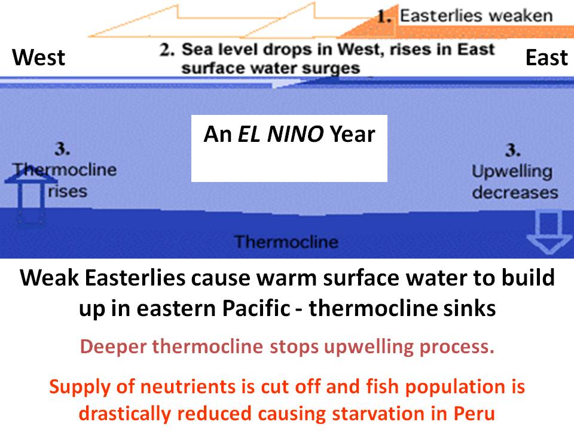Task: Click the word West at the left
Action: tap(38, 57)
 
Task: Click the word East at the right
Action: tap(546, 57)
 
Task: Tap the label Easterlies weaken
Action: tap(477, 16)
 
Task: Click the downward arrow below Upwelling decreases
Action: tap(548, 232)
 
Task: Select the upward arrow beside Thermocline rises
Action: tap(30, 194)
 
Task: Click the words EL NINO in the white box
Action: tap(280, 133)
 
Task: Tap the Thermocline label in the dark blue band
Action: tap(286, 242)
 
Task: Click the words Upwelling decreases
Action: tap(514, 182)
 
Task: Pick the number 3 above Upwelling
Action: tap(512, 150)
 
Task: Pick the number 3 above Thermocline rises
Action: tap(62, 148)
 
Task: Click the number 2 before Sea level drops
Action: tap(167, 50)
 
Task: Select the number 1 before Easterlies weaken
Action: tap(384, 17)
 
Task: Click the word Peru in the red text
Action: tap(474, 414)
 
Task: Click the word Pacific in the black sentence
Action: tap(257, 308)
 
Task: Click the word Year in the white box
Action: tap(352, 133)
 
